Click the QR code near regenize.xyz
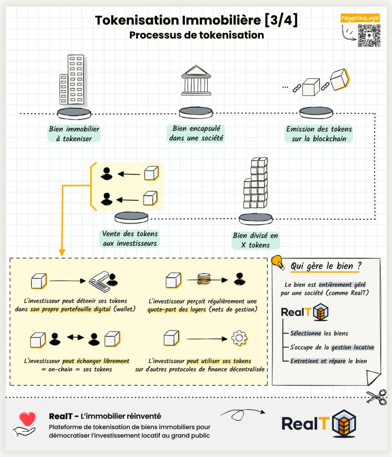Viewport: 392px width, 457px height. pyautogui.click(x=368, y=36)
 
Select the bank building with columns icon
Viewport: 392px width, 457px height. pyautogui.click(x=196, y=84)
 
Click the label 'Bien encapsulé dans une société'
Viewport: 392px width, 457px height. pyautogui.click(x=196, y=133)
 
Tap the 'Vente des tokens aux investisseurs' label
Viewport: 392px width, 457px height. pyautogui.click(x=130, y=239)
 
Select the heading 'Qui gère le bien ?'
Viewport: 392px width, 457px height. pyautogui.click(x=326, y=266)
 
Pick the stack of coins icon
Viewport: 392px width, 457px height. pyautogui.click(x=203, y=280)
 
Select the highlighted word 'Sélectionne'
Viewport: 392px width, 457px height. pyautogui.click(x=306, y=333)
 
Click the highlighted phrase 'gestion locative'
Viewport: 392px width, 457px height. pyautogui.click(x=353, y=347)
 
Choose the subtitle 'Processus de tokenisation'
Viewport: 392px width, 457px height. pyautogui.click(x=196, y=35)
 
